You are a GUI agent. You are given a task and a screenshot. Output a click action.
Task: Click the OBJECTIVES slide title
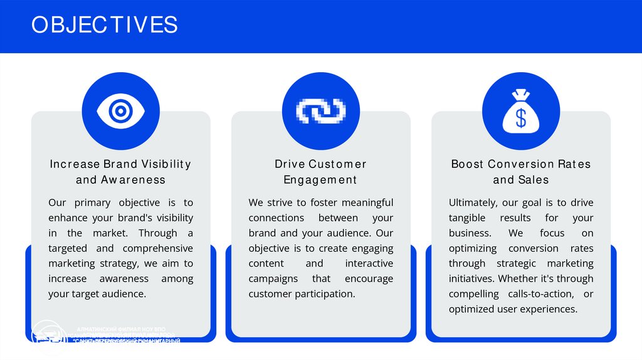point(105,24)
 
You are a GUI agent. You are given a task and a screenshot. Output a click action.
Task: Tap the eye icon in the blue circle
point(120,111)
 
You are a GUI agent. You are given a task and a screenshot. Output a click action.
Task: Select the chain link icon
point(321,111)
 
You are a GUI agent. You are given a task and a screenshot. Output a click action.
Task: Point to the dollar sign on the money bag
point(521,117)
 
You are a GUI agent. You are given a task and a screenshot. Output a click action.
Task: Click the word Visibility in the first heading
point(166,164)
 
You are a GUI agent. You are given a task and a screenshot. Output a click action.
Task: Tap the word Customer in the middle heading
point(337,164)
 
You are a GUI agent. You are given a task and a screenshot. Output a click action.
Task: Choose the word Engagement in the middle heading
point(320,180)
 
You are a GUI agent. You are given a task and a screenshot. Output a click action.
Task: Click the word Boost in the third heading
point(467,164)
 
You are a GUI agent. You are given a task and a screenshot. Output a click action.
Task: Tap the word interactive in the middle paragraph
point(369,263)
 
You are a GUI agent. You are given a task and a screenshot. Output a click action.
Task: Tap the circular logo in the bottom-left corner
point(49,336)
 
